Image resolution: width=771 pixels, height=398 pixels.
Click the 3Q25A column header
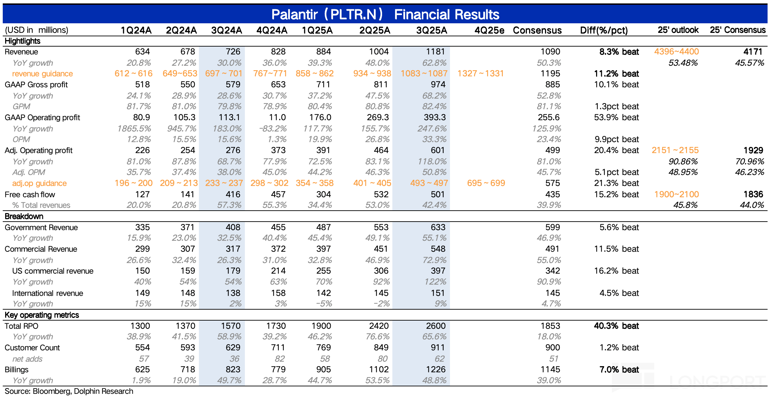[431, 30]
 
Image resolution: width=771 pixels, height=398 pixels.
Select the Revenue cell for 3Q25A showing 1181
[435, 52]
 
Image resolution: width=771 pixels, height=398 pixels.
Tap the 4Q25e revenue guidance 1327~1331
[480, 74]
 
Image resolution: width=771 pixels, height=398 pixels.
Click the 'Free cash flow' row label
[30, 195]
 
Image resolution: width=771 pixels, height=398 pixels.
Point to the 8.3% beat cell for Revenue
[619, 52]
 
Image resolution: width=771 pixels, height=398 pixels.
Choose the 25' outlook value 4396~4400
[676, 52]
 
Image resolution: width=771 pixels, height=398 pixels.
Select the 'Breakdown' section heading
[24, 216]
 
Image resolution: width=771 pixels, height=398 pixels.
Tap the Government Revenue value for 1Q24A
[142, 227]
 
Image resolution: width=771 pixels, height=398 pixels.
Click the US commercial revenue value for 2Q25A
[381, 271]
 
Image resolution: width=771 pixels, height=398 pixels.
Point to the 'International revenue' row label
[47, 293]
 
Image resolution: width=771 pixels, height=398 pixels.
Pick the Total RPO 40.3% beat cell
[616, 326]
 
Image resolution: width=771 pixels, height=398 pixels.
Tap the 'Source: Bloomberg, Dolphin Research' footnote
[69, 391]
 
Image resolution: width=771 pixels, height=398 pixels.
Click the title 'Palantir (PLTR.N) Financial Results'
[385, 14]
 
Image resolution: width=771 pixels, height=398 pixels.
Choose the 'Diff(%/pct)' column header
[604, 30]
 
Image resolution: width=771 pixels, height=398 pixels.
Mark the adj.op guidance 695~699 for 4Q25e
[486, 183]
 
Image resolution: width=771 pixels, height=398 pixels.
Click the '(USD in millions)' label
[36, 30]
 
